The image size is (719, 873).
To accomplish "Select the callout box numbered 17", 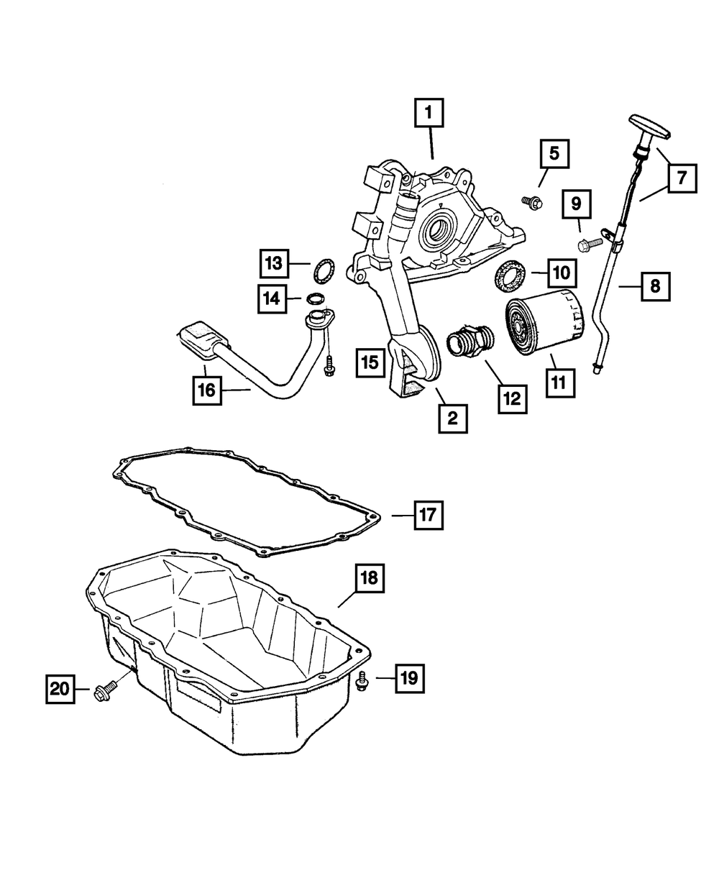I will coord(427,515).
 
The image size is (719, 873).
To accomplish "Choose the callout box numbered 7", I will coord(680,175).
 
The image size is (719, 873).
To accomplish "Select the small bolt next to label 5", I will coord(530,203).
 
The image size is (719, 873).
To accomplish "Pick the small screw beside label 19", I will coord(362,680).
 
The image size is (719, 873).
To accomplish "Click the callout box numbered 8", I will coord(654,287).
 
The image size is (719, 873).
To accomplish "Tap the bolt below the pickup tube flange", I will coord(329,368).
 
